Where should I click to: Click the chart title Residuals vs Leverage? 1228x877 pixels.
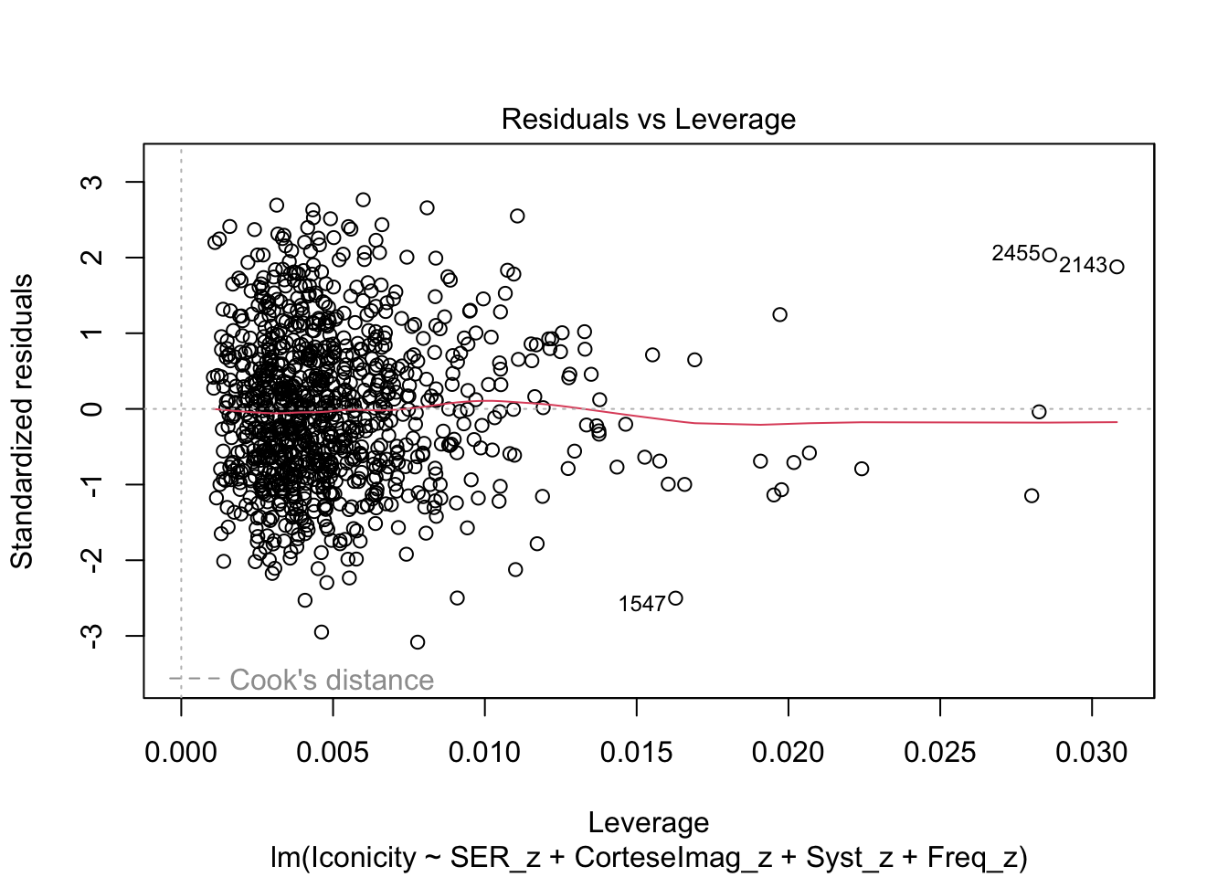pyautogui.click(x=648, y=120)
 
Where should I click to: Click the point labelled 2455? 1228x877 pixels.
pyautogui.click(x=1050, y=255)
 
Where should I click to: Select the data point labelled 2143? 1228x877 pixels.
pyautogui.click(x=1117, y=267)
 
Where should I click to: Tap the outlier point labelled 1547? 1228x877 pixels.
pyautogui.click(x=676, y=598)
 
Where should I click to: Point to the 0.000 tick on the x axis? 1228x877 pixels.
pyautogui.click(x=181, y=753)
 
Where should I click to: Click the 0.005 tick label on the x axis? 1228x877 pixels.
pyautogui.click(x=333, y=753)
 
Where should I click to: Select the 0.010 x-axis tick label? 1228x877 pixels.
pyautogui.click(x=484, y=753)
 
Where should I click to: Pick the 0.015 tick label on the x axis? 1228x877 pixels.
pyautogui.click(x=636, y=753)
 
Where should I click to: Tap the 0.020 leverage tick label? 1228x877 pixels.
pyautogui.click(x=788, y=753)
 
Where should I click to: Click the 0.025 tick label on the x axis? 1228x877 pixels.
pyautogui.click(x=939, y=753)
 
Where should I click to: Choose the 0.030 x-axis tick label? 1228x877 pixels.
pyautogui.click(x=1091, y=753)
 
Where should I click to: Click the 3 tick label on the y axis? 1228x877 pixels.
pyautogui.click(x=92, y=182)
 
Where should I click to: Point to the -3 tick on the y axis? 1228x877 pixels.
pyautogui.click(x=92, y=635)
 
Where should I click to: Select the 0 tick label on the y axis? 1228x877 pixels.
pyautogui.click(x=92, y=408)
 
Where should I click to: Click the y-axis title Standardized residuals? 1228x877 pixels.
pyautogui.click(x=22, y=421)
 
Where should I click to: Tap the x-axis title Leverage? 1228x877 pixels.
pyautogui.click(x=648, y=822)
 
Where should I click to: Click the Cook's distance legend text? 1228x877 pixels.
pyautogui.click(x=332, y=680)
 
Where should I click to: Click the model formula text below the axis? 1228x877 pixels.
pyautogui.click(x=648, y=857)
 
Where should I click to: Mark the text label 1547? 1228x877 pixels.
pyautogui.click(x=641, y=604)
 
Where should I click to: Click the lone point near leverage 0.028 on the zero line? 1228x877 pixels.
pyautogui.click(x=1039, y=412)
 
